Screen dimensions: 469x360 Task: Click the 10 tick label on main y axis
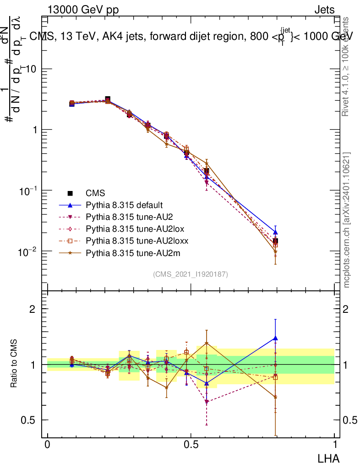pos(32,69)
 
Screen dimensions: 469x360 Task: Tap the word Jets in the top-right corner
pos(324,10)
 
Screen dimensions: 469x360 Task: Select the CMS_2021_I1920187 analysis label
pos(191,274)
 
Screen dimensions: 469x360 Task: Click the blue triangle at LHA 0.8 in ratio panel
pos(275,338)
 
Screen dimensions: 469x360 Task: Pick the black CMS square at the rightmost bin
pos(275,241)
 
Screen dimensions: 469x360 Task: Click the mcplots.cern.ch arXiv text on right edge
pos(347,220)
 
